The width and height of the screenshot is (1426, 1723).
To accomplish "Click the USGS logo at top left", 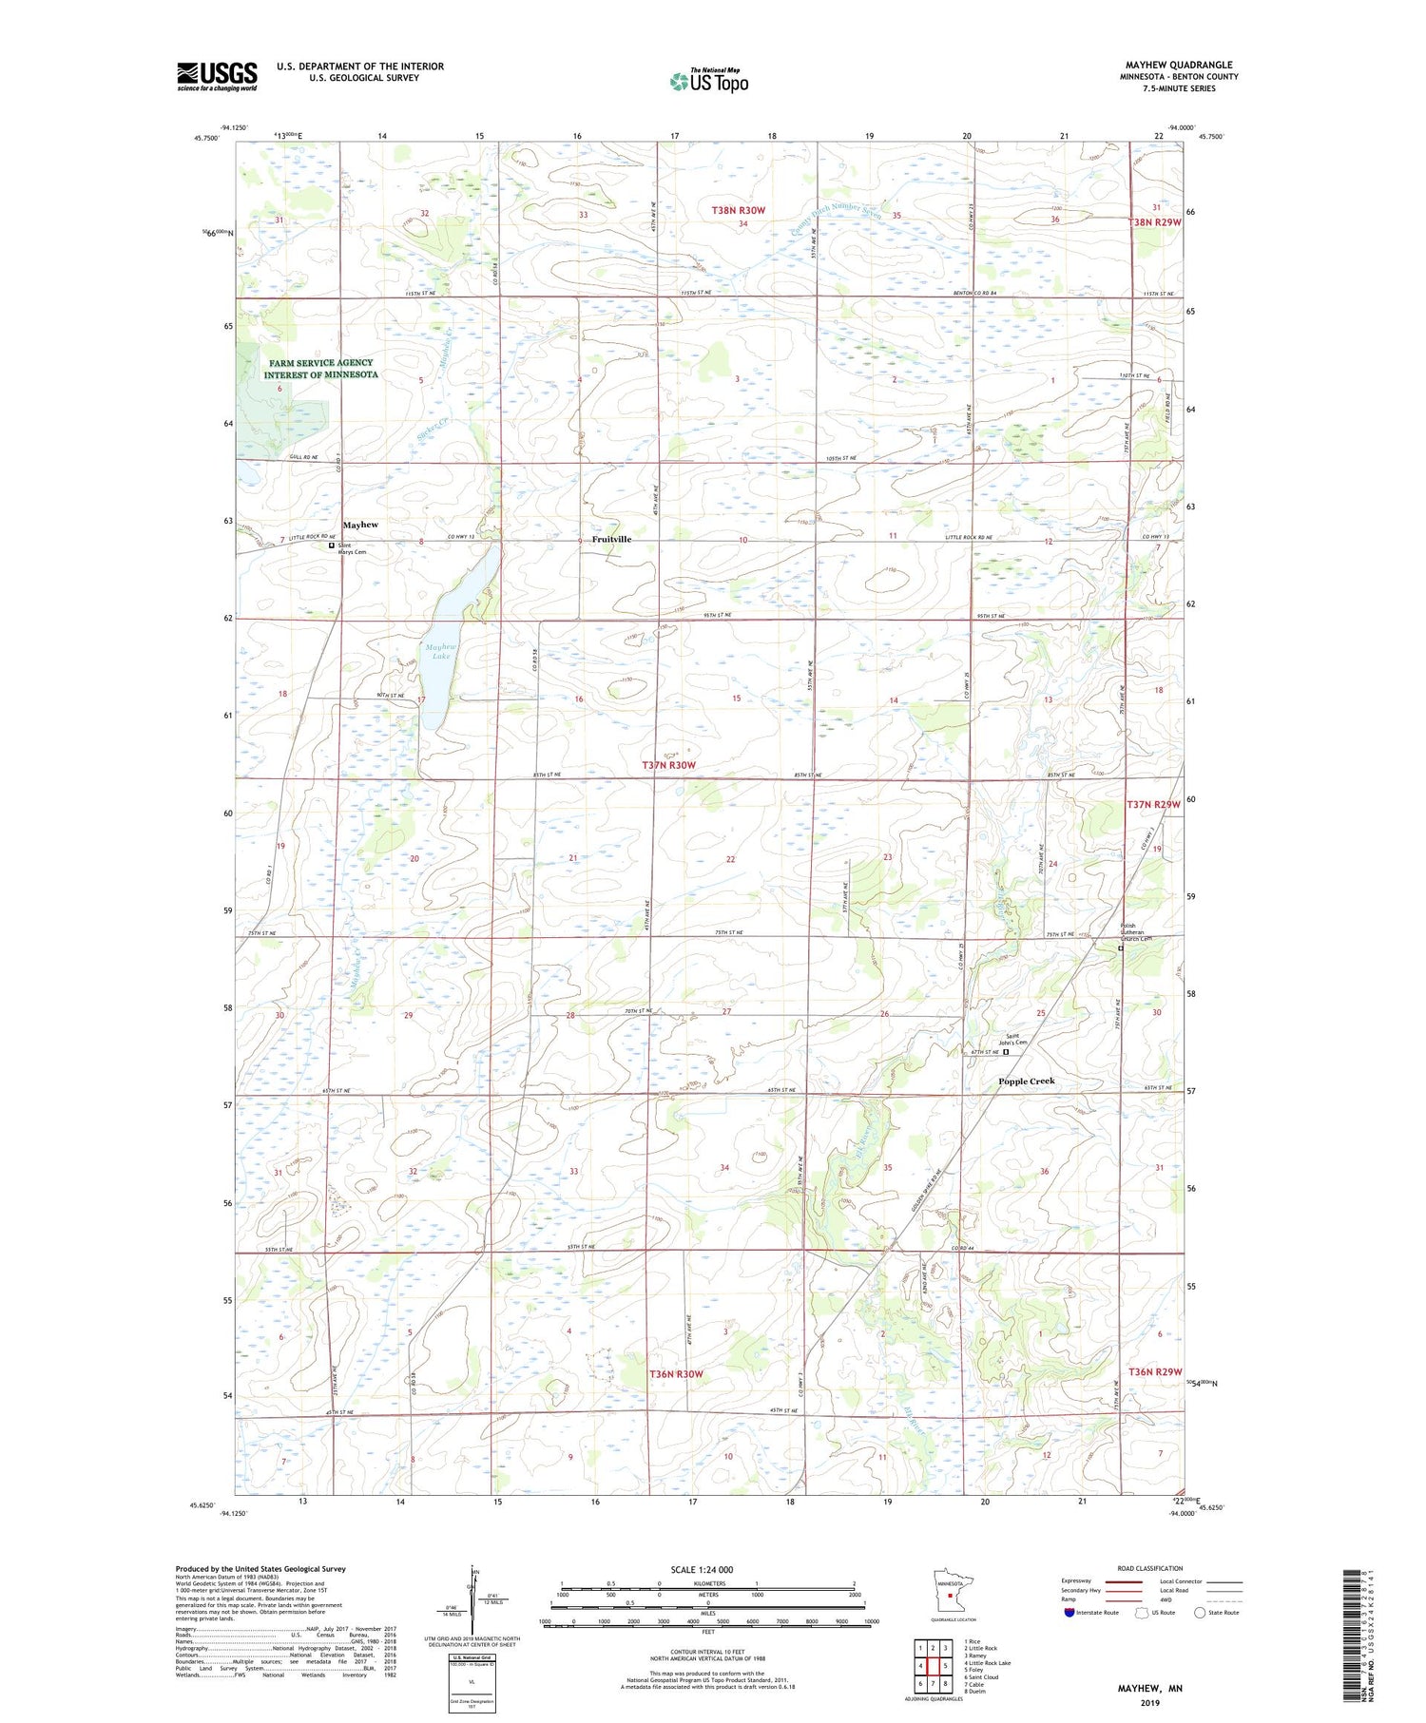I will click(x=217, y=76).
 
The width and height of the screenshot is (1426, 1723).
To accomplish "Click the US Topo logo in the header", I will click(x=708, y=81).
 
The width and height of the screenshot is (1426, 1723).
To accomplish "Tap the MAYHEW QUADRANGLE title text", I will click(x=1178, y=65).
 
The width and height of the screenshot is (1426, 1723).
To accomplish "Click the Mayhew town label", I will click(x=360, y=525).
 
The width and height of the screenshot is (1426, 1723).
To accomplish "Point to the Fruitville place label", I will click(x=611, y=539).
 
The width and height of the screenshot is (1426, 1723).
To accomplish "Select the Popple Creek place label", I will click(x=1026, y=1081).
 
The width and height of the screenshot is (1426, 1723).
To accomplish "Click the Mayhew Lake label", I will click(x=441, y=651).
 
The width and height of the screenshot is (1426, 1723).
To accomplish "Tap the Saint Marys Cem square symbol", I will click(x=332, y=546).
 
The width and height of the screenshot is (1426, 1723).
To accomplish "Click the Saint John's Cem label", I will click(x=1015, y=1040).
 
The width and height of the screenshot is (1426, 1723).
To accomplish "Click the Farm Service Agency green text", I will click(x=320, y=369).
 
